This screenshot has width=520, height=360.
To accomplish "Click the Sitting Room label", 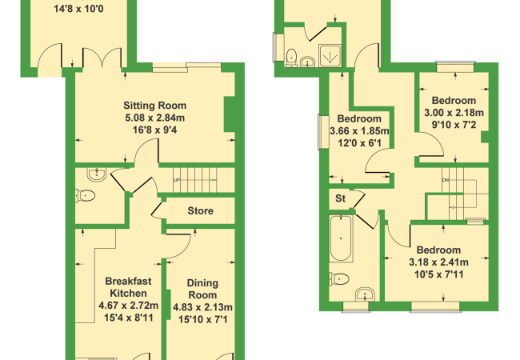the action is coord(155,106).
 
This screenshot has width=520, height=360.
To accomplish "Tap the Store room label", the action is coord(200,211).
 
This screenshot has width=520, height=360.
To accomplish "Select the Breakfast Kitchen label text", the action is coord(128,287).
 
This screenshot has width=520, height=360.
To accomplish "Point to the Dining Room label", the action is coord(202,289).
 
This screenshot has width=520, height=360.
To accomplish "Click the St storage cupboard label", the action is coord(340,198).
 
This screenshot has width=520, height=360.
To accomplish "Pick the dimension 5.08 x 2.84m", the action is coord(155,118).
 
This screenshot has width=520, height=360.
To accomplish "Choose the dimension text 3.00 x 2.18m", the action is coord(454,113).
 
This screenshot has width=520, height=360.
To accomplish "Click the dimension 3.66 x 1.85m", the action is coord(359,131).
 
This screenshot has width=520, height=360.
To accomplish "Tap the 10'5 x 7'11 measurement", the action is coord(438,274).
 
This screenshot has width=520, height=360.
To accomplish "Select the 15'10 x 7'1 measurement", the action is coord(202,319).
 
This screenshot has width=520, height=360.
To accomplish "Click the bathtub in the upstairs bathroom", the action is coord(341,238).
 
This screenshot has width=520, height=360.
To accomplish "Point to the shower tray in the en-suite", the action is coord(330,55).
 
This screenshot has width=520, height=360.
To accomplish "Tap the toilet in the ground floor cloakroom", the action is coord(86,195).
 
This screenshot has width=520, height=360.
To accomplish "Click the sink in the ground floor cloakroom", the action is coord(97,174).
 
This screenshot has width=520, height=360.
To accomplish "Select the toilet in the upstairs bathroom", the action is coord(339,278).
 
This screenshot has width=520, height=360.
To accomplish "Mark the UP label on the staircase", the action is coord(177,180).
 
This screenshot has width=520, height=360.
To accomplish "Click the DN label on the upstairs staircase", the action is coord(445,180).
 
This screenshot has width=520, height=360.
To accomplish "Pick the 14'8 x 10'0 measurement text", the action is coord(78,9).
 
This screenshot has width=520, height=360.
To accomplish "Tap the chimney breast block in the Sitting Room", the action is coord(230,114).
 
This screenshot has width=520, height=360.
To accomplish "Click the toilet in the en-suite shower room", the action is coord(291,58).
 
